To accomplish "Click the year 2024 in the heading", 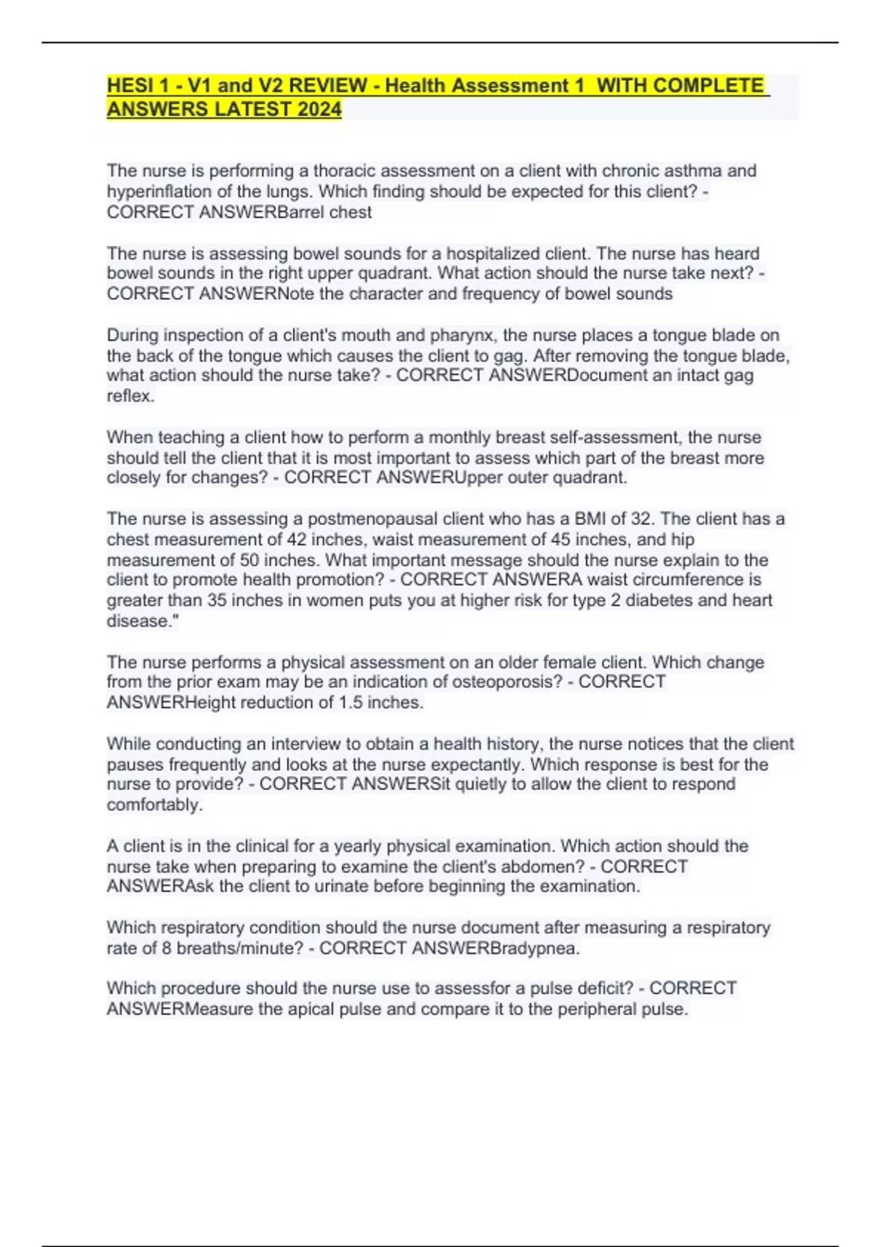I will pos(319,109).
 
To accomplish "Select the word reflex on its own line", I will pos(130,396).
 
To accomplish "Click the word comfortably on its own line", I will pos(155,805).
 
